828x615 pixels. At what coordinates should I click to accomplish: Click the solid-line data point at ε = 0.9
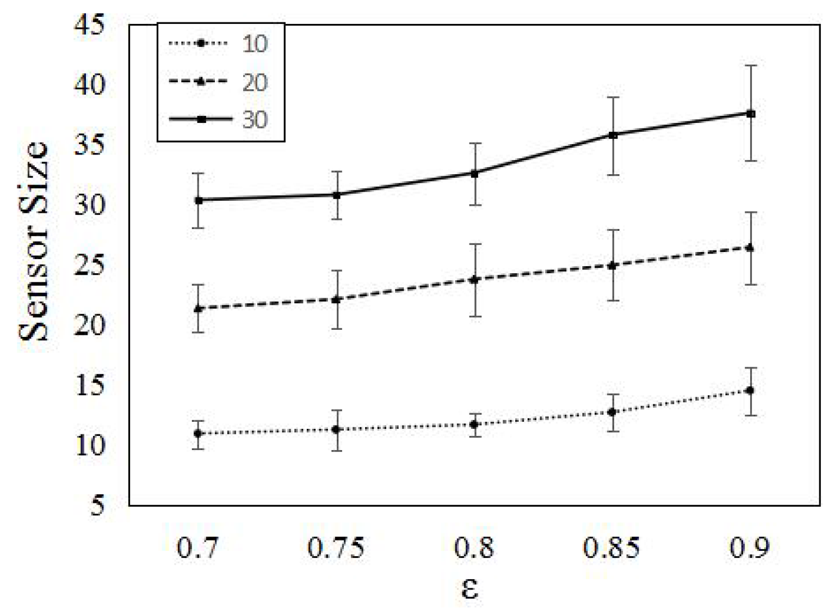click(751, 114)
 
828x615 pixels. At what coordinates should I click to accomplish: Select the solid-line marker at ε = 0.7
click(199, 200)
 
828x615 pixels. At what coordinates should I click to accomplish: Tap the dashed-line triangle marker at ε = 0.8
click(474, 279)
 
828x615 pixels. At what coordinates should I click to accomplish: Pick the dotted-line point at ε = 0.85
click(613, 412)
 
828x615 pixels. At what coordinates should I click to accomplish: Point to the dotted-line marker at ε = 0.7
click(199, 433)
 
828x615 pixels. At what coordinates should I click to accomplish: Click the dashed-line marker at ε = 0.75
click(336, 299)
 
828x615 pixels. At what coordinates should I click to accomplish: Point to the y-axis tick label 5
click(97, 506)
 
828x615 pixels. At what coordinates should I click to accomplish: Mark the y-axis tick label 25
click(90, 266)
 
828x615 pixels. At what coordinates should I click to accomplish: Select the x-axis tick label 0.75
click(336, 547)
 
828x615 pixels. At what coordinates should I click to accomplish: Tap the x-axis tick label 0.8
click(474, 547)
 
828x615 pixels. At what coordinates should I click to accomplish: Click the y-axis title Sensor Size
click(34, 241)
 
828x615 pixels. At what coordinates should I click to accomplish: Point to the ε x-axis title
click(470, 588)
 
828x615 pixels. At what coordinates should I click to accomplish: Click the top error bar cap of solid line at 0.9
click(751, 65)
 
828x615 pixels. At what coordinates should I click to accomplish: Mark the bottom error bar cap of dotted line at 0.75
click(336, 451)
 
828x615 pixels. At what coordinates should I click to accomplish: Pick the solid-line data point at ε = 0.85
click(613, 135)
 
